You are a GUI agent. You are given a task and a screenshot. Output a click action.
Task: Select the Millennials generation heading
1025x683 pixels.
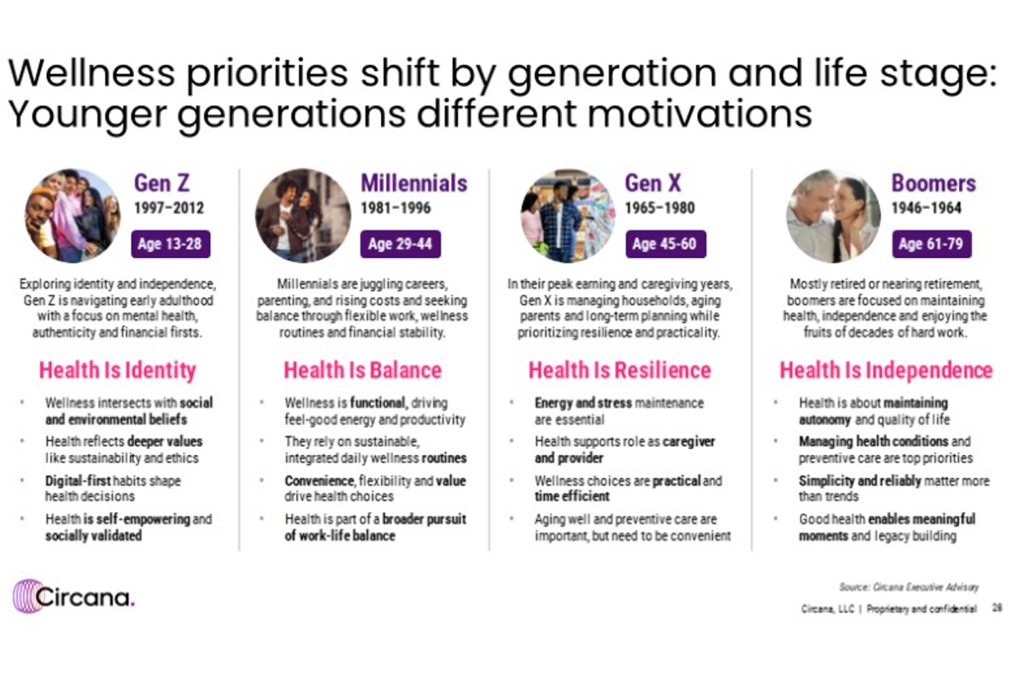coord(413,183)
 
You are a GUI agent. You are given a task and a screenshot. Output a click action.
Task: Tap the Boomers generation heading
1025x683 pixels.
coord(933,183)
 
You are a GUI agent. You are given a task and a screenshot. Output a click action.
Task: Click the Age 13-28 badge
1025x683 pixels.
coord(170,244)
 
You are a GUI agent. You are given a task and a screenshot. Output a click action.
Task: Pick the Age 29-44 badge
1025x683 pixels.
coord(400,244)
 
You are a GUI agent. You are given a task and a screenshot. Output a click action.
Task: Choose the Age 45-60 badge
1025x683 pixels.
coord(664,244)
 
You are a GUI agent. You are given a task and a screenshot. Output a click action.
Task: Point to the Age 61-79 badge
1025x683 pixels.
coord(930,244)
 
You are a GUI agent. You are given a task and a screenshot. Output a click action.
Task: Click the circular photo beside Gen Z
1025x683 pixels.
coord(73,214)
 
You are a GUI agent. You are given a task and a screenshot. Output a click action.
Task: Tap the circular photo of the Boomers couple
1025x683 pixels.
coord(833,214)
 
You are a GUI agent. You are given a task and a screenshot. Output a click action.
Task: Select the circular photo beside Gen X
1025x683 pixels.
coord(568,214)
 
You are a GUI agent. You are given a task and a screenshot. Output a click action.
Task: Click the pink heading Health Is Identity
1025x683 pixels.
coord(118,371)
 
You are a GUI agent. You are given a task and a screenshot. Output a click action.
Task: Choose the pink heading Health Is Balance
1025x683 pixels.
coord(362,371)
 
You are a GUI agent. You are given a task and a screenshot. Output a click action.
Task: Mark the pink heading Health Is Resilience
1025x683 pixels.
coord(619,371)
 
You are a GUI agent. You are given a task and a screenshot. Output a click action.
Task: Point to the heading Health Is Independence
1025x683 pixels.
coord(886,371)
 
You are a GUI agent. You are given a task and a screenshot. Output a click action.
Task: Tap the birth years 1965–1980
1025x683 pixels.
coord(659,208)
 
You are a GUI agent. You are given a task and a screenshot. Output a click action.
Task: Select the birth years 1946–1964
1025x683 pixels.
coord(926,208)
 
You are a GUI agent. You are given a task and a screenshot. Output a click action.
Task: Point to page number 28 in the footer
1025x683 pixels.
coord(997,609)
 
